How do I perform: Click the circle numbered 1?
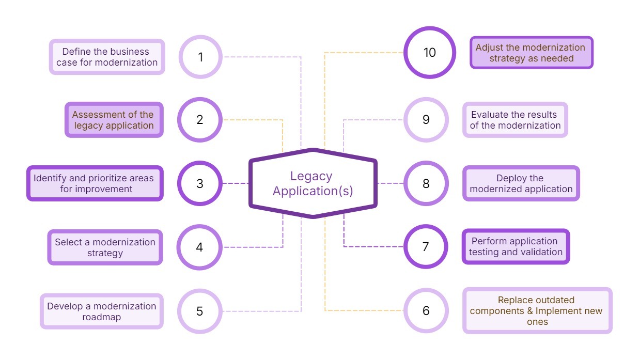(x=200, y=57)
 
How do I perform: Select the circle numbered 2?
(x=199, y=120)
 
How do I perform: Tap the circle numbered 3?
(x=199, y=183)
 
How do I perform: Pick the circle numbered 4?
(x=199, y=247)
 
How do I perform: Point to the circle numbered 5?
(x=199, y=311)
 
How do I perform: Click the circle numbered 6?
(x=426, y=310)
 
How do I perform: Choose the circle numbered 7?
(x=426, y=246)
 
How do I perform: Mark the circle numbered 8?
(x=426, y=183)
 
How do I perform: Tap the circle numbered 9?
(x=426, y=120)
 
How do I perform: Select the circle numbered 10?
(x=429, y=53)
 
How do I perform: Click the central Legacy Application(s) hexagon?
(x=313, y=183)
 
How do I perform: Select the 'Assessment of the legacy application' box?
(x=114, y=120)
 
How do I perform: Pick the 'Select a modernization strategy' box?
(x=105, y=247)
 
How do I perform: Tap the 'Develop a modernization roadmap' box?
(x=102, y=311)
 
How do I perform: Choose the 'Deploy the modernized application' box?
(x=521, y=183)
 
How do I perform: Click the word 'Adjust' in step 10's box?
(x=489, y=48)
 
